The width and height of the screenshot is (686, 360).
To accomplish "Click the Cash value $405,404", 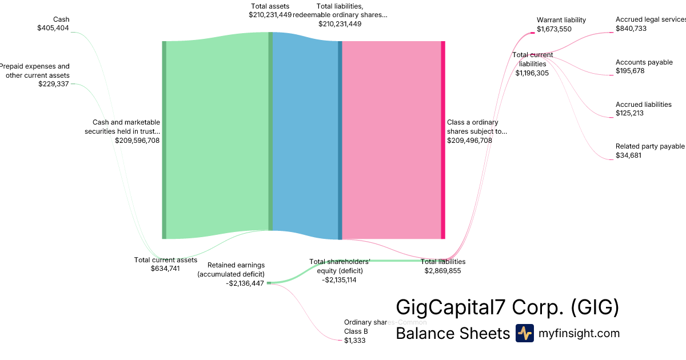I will point(53,27).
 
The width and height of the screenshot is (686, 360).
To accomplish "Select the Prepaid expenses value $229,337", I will point(54,83).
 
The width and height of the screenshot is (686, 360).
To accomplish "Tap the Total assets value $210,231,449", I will point(270,15).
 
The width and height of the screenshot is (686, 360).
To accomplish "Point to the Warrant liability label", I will point(561,20).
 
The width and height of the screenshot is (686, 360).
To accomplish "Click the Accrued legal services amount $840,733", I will point(631,29).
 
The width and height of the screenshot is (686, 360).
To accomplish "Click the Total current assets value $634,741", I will point(165,268).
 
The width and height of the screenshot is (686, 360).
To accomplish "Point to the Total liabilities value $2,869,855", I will point(442,271).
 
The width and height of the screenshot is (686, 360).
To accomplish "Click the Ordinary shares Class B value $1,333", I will point(354,341).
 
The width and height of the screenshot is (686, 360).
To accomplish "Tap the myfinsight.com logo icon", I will point(524,333).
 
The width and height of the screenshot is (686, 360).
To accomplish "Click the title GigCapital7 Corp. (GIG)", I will point(507,307).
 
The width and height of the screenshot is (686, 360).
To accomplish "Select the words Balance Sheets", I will point(452,334).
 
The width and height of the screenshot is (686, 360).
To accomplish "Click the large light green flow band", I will point(217,137).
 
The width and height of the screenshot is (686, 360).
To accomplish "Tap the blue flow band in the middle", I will point(305,137).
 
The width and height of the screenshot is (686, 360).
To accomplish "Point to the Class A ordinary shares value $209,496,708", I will point(469,140).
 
